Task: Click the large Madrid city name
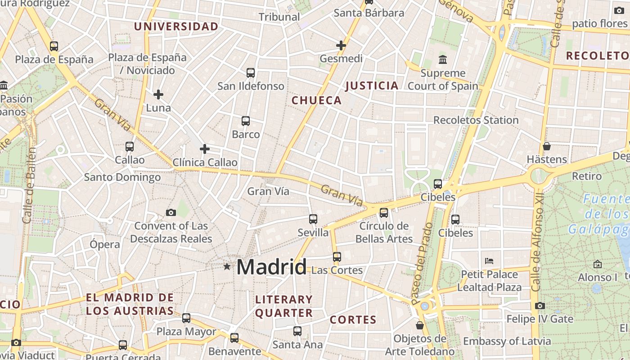[x=271, y=267]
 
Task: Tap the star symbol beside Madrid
[x=227, y=267]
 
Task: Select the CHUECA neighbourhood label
[x=317, y=100]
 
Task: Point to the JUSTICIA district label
[x=372, y=85]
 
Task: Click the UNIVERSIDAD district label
[x=176, y=27]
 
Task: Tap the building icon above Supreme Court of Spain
[x=443, y=59]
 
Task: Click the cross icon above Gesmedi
[x=341, y=45]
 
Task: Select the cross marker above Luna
[x=158, y=94]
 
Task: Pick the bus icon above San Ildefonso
[x=251, y=72]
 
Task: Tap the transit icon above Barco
[x=246, y=121]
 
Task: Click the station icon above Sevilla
[x=313, y=219]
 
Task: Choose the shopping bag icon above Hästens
[x=547, y=146]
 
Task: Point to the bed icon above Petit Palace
[x=489, y=261]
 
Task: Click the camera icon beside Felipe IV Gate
[x=540, y=306]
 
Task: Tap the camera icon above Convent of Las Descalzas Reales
[x=171, y=212]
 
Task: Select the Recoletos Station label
[x=476, y=120]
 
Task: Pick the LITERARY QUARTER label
[x=283, y=306]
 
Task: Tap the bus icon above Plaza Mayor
[x=186, y=318]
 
